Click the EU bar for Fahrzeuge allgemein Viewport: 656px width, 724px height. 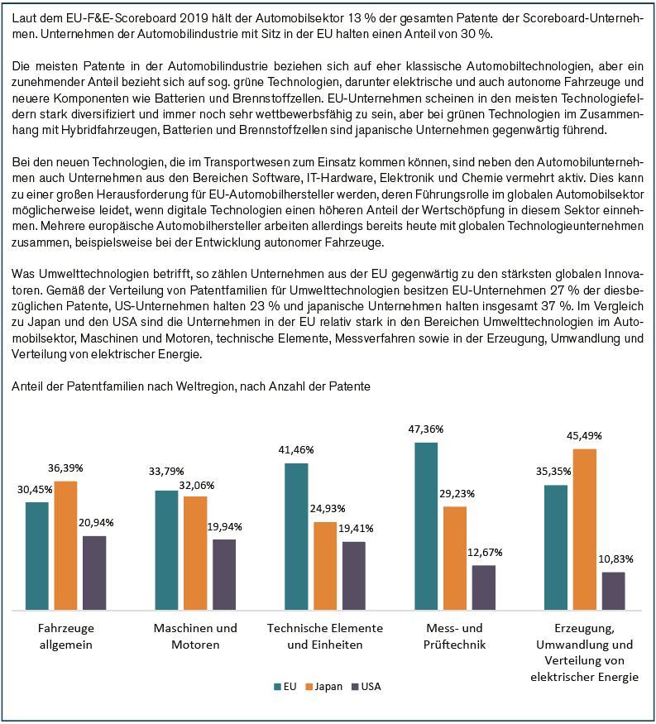36,556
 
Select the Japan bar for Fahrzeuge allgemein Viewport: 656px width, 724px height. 65,545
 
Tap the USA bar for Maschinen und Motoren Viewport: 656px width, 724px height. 224,574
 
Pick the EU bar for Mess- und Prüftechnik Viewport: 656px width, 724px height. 425,526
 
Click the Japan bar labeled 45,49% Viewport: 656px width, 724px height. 584,530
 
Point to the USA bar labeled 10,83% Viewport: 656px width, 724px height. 613,591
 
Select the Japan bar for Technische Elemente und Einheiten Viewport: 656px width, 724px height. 325,566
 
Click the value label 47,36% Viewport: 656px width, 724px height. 426,429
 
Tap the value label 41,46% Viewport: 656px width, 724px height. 295,450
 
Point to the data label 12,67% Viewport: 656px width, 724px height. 485,552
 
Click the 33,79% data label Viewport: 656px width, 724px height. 165,477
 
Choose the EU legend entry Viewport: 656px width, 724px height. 285,687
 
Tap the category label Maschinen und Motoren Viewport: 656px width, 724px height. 195,636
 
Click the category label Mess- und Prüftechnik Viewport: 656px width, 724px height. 454,636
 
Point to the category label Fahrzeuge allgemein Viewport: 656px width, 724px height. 65,636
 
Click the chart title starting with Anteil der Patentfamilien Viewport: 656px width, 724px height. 191,386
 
